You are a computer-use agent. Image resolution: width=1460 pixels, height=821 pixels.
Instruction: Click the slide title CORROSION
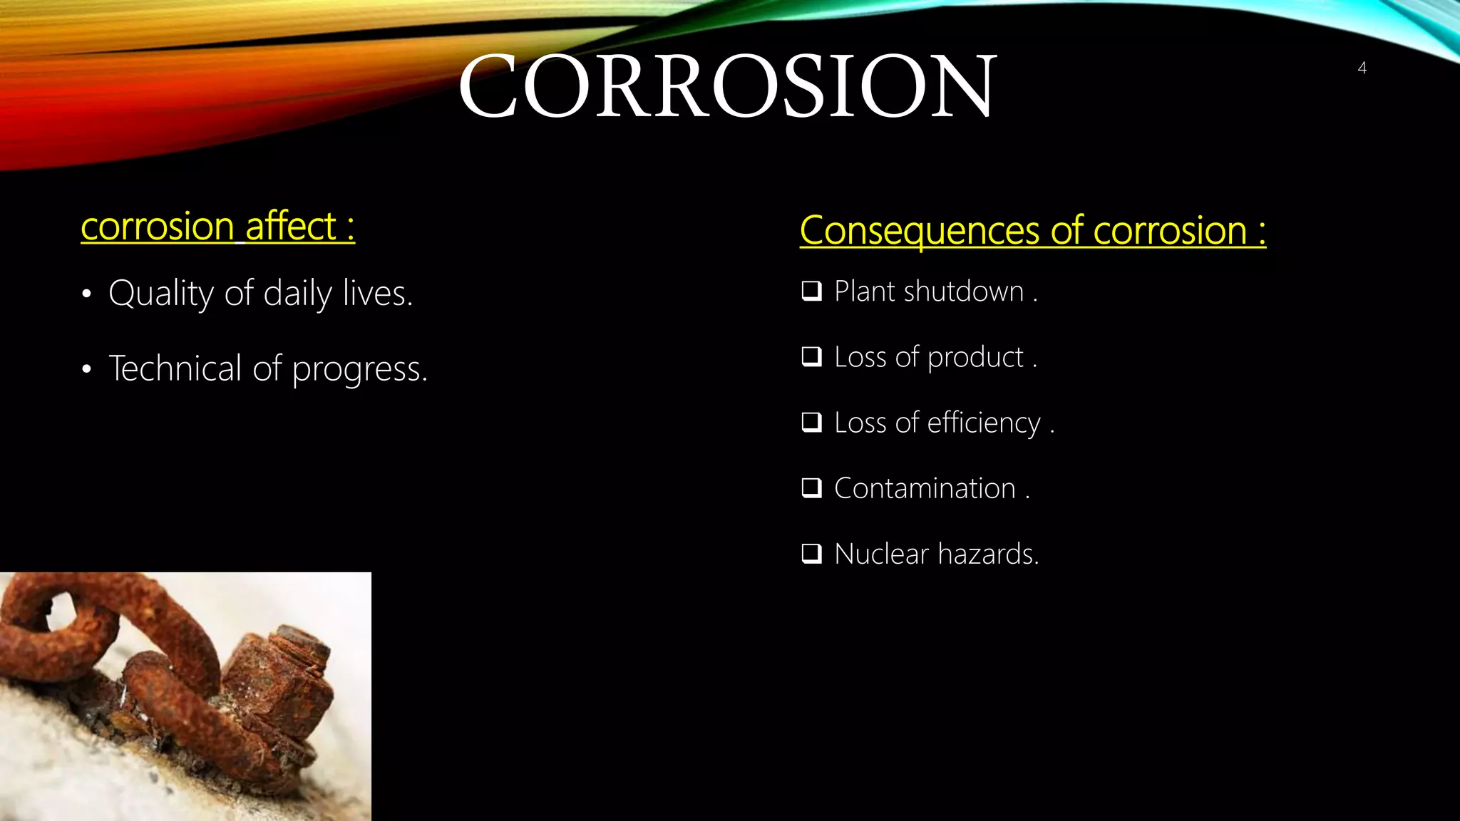[727, 87]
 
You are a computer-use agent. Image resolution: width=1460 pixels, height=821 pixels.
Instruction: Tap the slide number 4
[1362, 68]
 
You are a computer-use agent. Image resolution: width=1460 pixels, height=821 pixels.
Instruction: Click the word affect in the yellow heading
[291, 227]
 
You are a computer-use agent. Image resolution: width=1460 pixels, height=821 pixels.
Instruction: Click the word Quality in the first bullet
[161, 294]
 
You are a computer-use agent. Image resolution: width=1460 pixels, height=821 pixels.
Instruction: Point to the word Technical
[175, 368]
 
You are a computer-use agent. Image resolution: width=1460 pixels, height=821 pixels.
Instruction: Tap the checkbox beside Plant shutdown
[811, 291]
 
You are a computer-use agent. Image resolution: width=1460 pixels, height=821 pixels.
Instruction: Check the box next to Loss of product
[811, 356]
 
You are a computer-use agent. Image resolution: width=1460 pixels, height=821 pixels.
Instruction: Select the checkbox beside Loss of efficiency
[811, 423]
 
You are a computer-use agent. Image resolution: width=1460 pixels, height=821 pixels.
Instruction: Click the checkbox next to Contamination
[811, 488]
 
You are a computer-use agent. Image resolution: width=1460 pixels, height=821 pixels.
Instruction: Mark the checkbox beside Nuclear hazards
[811, 554]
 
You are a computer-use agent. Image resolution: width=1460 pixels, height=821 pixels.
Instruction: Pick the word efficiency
[984, 423]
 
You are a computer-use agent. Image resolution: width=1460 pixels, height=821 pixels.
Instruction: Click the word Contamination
[925, 488]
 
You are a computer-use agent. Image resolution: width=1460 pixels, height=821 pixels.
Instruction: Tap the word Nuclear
[881, 554]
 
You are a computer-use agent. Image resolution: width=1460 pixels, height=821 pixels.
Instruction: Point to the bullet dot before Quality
[86, 294]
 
